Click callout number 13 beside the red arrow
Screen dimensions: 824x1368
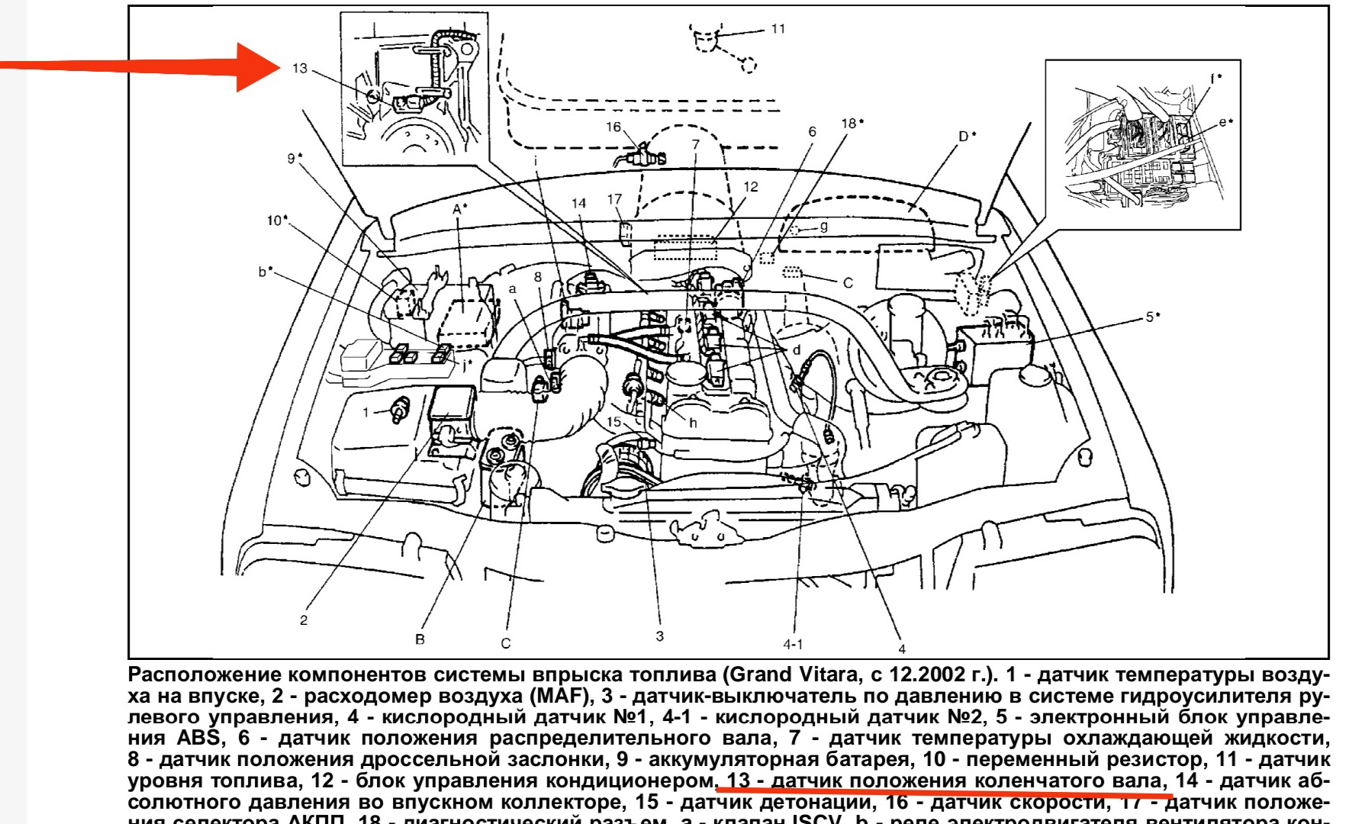click(300, 69)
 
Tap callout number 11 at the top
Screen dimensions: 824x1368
click(777, 29)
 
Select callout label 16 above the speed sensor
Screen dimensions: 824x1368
click(613, 127)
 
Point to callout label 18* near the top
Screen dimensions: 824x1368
click(852, 124)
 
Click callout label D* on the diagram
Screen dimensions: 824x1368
click(967, 137)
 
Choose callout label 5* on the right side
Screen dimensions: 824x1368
click(1152, 317)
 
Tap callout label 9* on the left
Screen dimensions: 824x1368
click(295, 159)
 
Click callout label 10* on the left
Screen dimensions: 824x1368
click(277, 220)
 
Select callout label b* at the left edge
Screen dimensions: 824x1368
click(265, 271)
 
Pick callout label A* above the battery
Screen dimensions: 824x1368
click(459, 208)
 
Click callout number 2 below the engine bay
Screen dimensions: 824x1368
click(304, 620)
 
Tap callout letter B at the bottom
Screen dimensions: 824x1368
click(420, 639)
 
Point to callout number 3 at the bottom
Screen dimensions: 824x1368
click(659, 636)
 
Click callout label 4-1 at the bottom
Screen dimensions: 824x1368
click(793, 644)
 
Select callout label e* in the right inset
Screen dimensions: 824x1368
click(1225, 122)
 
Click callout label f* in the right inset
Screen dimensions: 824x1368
click(1215, 79)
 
